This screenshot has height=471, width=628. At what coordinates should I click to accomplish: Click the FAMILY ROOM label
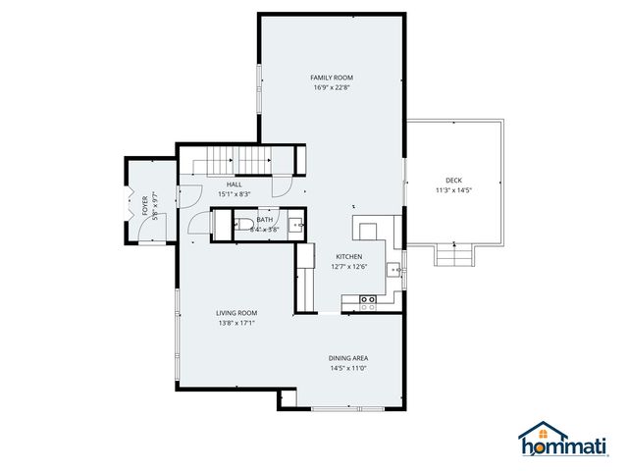click(332, 78)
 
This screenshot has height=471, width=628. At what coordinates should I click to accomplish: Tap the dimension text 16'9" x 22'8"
click(332, 88)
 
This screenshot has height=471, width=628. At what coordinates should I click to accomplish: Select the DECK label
click(453, 180)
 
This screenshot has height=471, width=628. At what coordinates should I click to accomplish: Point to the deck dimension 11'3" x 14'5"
click(453, 190)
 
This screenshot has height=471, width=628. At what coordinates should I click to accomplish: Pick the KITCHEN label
click(349, 256)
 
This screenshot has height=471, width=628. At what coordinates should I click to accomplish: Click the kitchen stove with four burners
click(369, 303)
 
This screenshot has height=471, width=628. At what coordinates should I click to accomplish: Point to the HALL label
click(235, 183)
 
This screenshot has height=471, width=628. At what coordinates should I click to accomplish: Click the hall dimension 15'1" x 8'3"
click(235, 194)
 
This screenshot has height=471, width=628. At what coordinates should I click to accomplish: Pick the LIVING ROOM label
click(236, 313)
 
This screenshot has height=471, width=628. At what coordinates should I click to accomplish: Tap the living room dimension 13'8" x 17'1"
click(236, 324)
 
